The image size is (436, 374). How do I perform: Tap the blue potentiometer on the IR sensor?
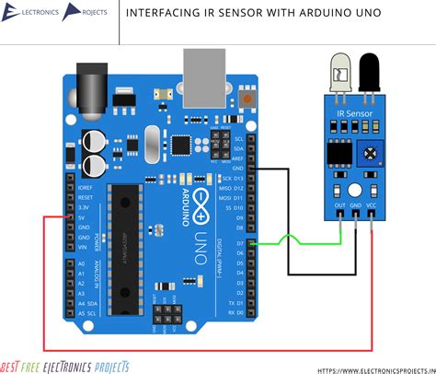[370, 151]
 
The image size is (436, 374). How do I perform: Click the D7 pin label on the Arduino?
[237, 244]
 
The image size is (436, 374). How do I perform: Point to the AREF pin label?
[238, 158]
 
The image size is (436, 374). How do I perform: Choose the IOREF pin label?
[85, 187]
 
